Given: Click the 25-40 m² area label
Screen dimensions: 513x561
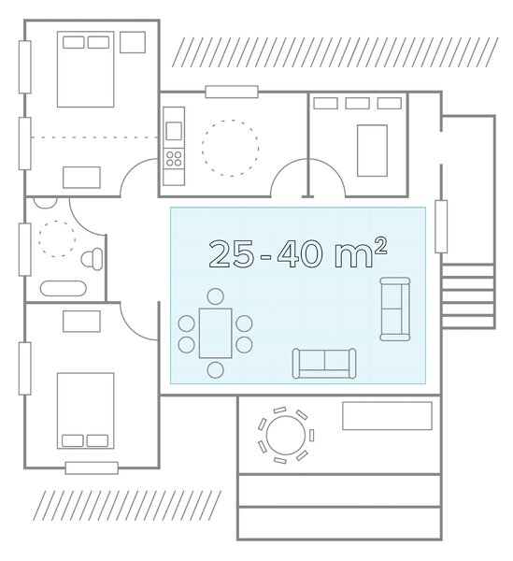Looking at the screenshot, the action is pyautogui.click(x=298, y=253).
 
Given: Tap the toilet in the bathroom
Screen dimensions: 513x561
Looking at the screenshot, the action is pyautogui.click(x=92, y=259).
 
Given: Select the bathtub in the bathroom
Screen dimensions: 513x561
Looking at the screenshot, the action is pyautogui.click(x=64, y=288).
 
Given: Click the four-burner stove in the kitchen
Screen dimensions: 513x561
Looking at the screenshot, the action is pyautogui.click(x=174, y=159).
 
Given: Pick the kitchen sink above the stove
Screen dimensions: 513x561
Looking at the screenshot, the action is pyautogui.click(x=174, y=131).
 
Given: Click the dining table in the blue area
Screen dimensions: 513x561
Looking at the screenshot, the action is pyautogui.click(x=216, y=333).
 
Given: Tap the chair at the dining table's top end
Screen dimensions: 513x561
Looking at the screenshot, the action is pyautogui.click(x=216, y=296).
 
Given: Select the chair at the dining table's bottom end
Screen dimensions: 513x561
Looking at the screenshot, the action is pyautogui.click(x=216, y=370).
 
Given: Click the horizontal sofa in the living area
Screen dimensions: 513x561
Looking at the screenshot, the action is pyautogui.click(x=324, y=364).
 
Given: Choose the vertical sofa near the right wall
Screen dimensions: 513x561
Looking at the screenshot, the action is pyautogui.click(x=395, y=309).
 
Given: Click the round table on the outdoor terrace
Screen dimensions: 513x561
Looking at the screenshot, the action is pyautogui.click(x=286, y=435).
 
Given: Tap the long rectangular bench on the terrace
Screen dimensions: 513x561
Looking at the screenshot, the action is pyautogui.click(x=387, y=415).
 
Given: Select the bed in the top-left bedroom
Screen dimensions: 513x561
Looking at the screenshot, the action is pyautogui.click(x=85, y=69).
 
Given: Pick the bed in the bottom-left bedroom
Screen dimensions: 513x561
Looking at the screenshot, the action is pyautogui.click(x=85, y=410).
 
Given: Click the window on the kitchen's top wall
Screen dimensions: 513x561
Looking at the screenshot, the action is pyautogui.click(x=232, y=92).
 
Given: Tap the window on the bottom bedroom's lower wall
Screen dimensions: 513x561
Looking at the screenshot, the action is pyautogui.click(x=92, y=468).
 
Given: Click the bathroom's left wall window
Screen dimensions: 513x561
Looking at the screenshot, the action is pyautogui.click(x=24, y=250).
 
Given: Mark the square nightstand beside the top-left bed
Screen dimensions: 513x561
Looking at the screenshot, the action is pyautogui.click(x=133, y=42).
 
